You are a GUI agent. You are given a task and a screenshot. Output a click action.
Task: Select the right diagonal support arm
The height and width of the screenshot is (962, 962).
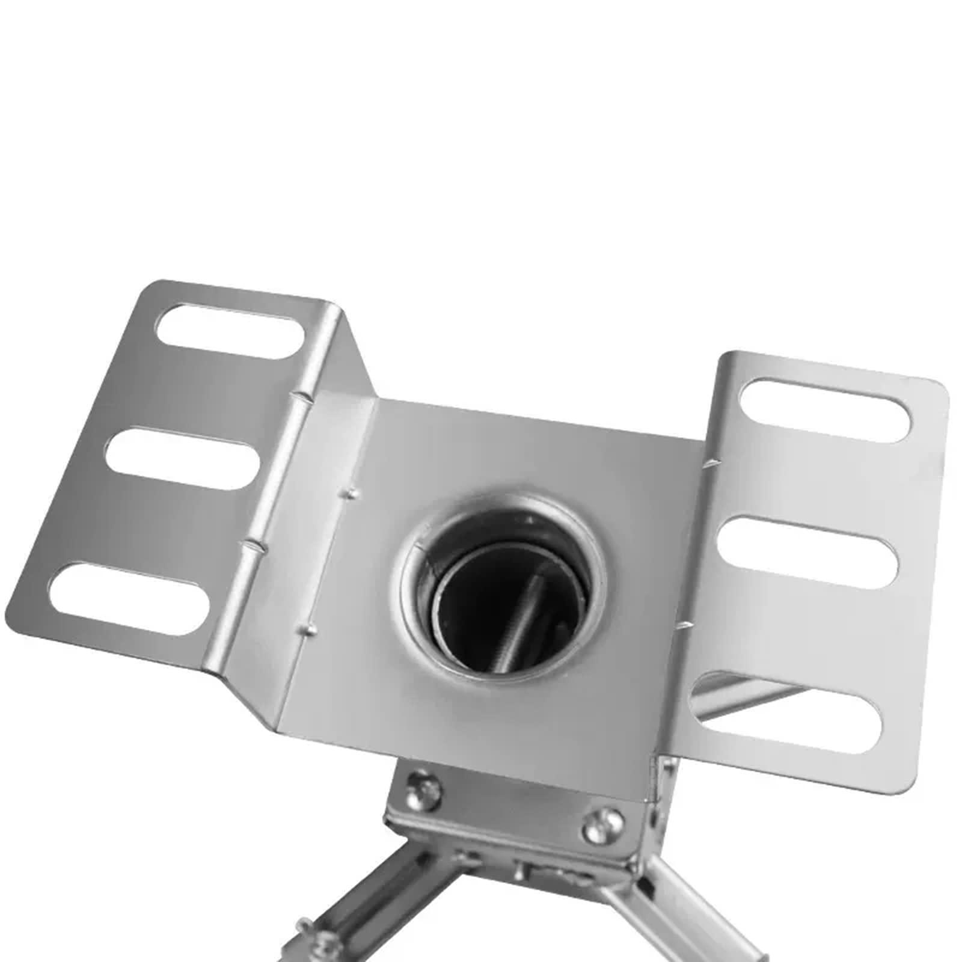coord(691,914)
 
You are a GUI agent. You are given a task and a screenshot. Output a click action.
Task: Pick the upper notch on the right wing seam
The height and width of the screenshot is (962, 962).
coord(713,463)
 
